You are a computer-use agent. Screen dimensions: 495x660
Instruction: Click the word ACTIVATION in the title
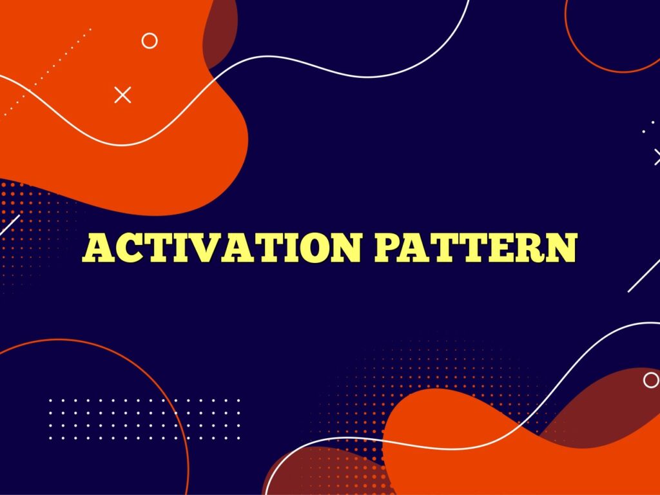coord(222,249)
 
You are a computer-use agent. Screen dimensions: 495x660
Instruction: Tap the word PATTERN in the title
coord(475,249)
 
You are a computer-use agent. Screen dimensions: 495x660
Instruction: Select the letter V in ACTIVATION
coord(208,249)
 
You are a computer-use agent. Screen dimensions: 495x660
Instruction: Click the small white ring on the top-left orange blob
coord(150,41)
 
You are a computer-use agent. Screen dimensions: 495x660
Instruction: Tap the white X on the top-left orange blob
coord(122,95)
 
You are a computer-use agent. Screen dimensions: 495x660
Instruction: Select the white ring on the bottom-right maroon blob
coord(651,380)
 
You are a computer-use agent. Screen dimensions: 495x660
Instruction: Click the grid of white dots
coord(144,419)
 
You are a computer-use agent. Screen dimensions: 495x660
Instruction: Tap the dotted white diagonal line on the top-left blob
coord(45,71)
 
